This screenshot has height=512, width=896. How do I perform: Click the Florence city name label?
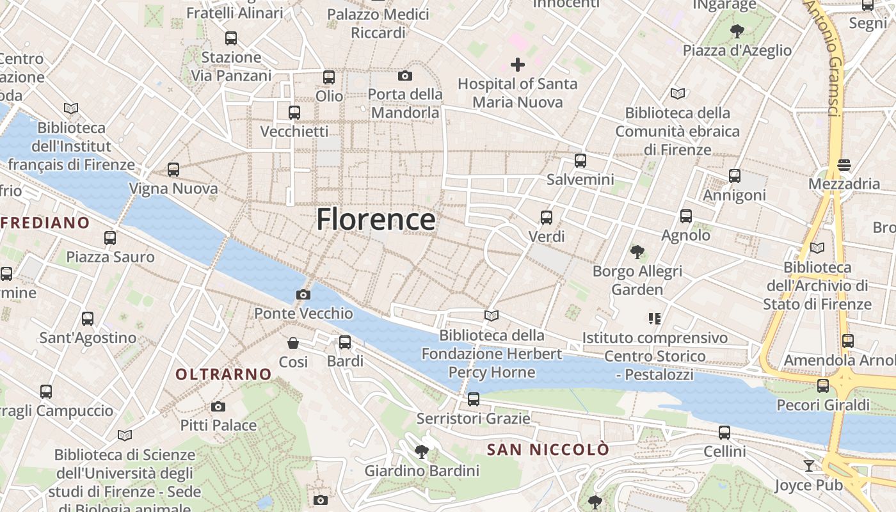(376, 220)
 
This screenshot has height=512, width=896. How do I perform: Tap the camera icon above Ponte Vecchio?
(303, 295)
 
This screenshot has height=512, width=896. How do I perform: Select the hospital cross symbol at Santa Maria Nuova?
(517, 65)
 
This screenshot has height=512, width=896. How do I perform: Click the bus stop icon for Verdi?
(546, 218)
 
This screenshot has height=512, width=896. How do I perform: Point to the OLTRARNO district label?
(224, 374)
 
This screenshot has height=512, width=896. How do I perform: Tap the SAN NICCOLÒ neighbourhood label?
(548, 450)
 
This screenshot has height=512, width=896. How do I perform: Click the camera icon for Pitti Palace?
(218, 407)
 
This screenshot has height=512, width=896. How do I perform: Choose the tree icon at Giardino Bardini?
(421, 452)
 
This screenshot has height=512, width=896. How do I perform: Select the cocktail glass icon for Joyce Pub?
(809, 466)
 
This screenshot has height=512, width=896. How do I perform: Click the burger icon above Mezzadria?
(844, 165)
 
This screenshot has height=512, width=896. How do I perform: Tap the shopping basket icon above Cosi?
(293, 344)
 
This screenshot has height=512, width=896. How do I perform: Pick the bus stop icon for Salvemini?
(580, 161)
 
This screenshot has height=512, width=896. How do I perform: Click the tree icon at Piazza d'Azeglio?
(737, 31)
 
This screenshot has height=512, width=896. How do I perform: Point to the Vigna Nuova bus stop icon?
(173, 170)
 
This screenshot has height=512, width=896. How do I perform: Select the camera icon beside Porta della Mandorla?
(404, 76)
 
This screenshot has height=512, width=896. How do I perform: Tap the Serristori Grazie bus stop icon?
(473, 399)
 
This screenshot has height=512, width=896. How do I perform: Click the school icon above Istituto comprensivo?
(654, 318)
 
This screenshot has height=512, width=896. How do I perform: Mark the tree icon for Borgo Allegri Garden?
(637, 252)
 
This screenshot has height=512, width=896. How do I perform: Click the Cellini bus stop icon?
(724, 433)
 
